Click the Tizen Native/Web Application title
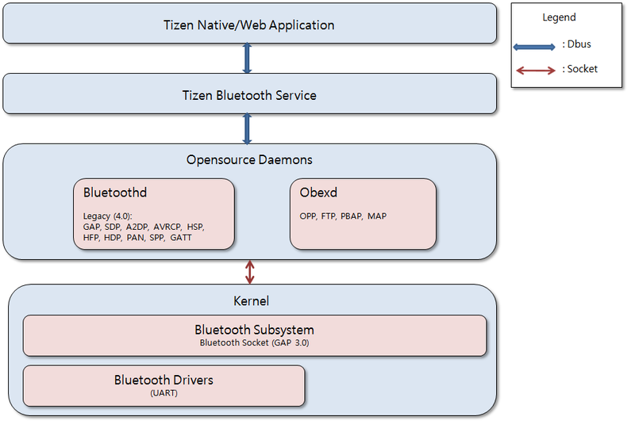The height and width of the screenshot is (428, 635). pyautogui.click(x=249, y=25)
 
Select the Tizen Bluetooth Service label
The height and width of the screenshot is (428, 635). pyautogui.click(x=249, y=95)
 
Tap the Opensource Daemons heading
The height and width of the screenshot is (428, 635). pyautogui.click(x=249, y=160)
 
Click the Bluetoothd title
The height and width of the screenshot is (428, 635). pyautogui.click(x=115, y=193)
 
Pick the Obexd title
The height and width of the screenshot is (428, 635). pyautogui.click(x=317, y=193)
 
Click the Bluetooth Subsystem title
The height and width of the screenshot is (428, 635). pyautogui.click(x=254, y=330)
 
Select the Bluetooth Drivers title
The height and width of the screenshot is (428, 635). pyautogui.click(x=164, y=380)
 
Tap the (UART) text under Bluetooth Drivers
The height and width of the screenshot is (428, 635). pyautogui.click(x=164, y=393)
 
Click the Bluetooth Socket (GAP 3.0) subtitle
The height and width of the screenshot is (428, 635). pyautogui.click(x=254, y=343)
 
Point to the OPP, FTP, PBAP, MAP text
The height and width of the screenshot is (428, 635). pyautogui.click(x=343, y=216)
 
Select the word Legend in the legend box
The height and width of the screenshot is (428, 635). pyautogui.click(x=559, y=17)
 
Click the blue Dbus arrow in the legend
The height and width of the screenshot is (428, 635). pyautogui.click(x=535, y=47)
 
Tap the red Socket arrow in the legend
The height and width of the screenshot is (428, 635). pyautogui.click(x=535, y=71)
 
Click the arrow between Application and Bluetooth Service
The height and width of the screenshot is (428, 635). pyautogui.click(x=247, y=59)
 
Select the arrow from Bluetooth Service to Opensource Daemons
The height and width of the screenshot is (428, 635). pyautogui.click(x=247, y=128)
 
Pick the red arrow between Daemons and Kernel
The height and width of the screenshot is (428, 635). pyautogui.click(x=251, y=272)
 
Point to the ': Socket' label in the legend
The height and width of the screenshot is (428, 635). pyautogui.click(x=580, y=69)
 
